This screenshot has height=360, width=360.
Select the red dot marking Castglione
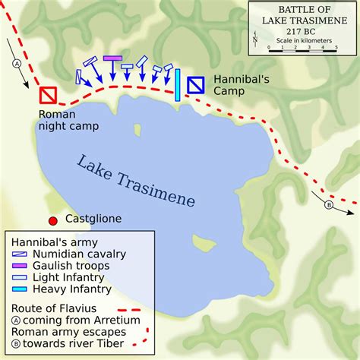pos(53,221)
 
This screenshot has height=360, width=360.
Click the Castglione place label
pos(92,219)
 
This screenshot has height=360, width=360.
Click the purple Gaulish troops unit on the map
pos(112,58)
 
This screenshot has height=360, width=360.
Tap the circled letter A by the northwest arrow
pos(16,64)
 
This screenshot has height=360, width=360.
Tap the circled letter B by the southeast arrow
pos(329,204)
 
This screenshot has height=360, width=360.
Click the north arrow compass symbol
pos(256,37)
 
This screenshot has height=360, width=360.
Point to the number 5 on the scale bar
pos(336,46)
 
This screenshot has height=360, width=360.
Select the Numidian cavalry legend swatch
pos(21,254)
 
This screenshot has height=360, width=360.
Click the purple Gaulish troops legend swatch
pos(21,266)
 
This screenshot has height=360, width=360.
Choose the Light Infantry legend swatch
pos(21,277)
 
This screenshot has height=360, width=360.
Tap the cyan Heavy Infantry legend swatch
pos(21,289)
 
